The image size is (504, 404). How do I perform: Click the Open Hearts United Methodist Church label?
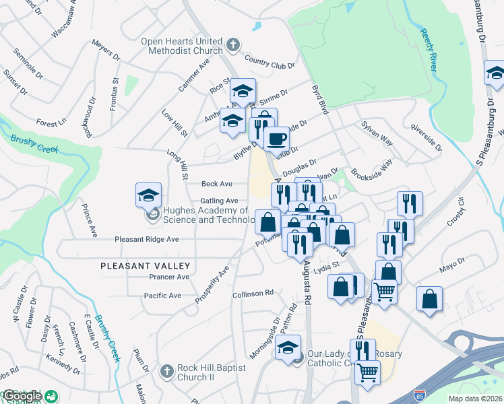click(182, 46)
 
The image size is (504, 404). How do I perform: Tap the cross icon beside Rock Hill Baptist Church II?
click(166, 371)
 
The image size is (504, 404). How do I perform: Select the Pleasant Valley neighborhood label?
click(145, 266)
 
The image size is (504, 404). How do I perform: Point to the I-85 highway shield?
click(420, 392)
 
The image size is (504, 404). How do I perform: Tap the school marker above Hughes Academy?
click(149, 195)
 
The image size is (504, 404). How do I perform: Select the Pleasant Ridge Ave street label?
click(146, 239)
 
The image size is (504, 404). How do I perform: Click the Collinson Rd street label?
click(253, 293)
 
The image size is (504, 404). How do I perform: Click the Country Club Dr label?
click(270, 62)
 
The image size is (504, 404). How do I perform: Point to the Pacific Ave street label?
click(162, 296)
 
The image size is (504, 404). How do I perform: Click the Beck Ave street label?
click(216, 184)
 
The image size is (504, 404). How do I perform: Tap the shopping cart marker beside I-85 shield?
click(367, 372)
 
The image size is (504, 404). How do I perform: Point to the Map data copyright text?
click(474, 399)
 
